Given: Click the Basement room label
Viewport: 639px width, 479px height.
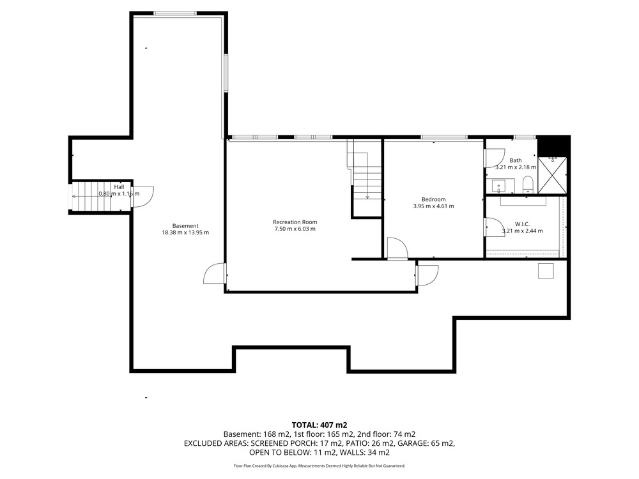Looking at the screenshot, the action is point(185,225).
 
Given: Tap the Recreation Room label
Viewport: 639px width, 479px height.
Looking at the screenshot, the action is point(295,222).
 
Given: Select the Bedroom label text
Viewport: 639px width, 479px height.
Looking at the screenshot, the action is point(434,199).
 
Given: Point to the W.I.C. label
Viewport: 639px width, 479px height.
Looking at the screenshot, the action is point(522,224).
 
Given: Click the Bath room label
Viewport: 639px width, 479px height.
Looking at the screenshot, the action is point(516,160).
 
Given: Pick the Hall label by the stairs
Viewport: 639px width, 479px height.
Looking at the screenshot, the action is point(119,187).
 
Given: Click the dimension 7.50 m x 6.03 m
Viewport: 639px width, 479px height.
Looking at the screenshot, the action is point(295,229).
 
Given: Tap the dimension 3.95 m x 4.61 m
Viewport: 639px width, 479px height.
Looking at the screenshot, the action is point(434,206).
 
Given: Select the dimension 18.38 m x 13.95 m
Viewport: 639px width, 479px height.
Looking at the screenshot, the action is point(185,232).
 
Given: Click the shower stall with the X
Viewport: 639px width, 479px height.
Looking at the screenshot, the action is point(552,175).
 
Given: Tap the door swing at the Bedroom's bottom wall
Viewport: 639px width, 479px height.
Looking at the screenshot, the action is point(397,248).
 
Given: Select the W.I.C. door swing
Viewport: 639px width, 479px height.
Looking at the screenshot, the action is point(494,227).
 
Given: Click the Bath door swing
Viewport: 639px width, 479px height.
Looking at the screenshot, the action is point(494,158).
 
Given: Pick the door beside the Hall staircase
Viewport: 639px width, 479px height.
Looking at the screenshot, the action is point(142,197).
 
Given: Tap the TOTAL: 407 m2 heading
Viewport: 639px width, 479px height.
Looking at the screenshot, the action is point(319,425).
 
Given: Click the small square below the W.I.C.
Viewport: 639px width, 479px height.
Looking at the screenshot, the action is point(546,271).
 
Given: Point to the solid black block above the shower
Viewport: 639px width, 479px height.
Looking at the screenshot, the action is point(553,146).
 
